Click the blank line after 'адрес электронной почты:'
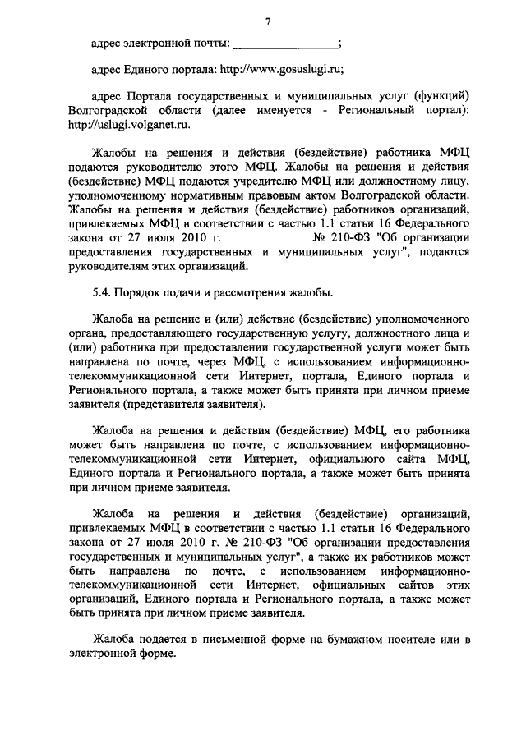point(285,43)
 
